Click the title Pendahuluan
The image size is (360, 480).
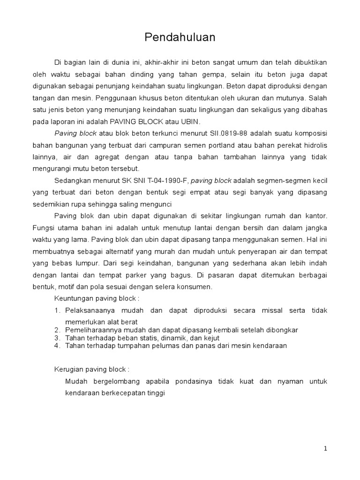click(180, 38)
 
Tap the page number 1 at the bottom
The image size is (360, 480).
click(325, 449)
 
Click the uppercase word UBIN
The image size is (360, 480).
click(190, 121)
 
